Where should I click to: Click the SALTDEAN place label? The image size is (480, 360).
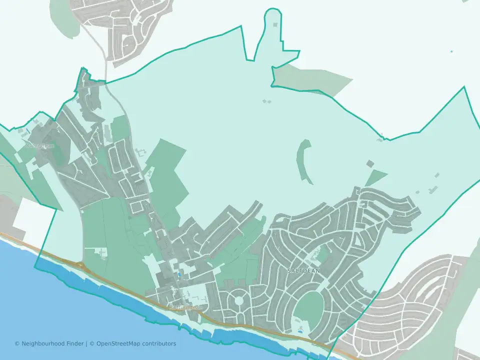[x=303, y=270]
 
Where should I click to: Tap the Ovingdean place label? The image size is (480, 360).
[x=39, y=146]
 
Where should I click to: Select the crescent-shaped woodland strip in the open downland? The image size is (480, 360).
[x=303, y=160]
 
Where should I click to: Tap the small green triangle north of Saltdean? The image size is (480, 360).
[x=376, y=177]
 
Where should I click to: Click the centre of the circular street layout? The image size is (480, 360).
[x=239, y=301]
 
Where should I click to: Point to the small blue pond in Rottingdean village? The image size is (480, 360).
[x=179, y=275]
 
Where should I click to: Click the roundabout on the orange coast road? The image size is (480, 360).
[x=79, y=263]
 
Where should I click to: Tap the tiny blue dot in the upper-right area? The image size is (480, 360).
[x=451, y=51]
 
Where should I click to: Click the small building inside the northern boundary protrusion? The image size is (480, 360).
[x=274, y=23]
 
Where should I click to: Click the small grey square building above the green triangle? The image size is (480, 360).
[x=370, y=163]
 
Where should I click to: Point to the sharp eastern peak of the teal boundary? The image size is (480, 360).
[x=464, y=87]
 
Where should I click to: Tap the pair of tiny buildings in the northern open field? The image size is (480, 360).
[x=266, y=101]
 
